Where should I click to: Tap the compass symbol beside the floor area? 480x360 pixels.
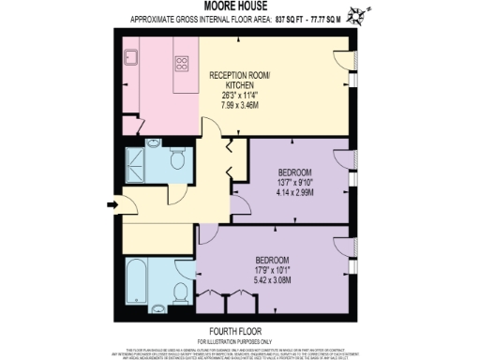pos(357,16)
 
